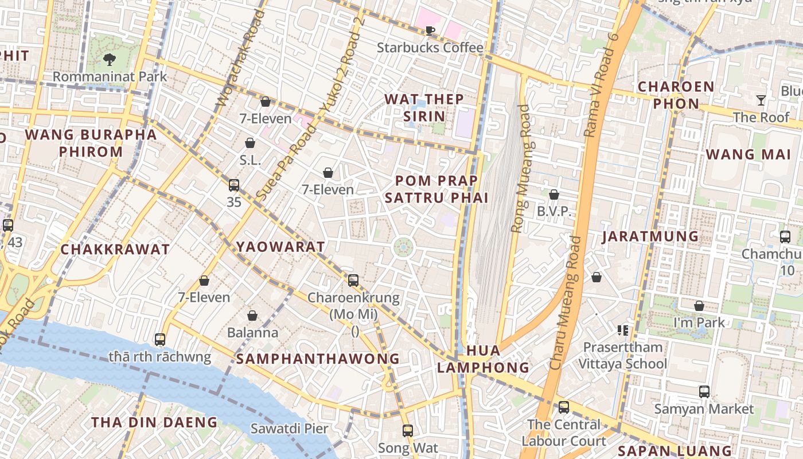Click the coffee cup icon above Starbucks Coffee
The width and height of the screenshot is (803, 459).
(430, 30)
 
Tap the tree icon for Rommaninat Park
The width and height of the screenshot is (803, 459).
(109, 59)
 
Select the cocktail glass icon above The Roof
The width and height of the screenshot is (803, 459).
(761, 100)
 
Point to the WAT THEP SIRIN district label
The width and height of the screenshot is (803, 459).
(424, 107)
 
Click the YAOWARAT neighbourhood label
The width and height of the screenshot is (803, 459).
(280, 247)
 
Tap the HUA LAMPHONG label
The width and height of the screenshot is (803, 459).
(483, 359)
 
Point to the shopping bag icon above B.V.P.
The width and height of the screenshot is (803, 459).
(554, 195)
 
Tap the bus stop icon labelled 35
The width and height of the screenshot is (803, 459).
(234, 185)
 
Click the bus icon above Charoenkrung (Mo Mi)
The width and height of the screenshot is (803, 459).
(353, 281)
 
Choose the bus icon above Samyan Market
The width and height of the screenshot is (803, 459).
(704, 392)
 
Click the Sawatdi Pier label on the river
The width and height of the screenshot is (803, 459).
(289, 428)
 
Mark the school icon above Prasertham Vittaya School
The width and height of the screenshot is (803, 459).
(622, 330)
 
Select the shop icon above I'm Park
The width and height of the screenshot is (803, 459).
(699, 306)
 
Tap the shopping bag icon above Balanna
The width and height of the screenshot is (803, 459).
(252, 316)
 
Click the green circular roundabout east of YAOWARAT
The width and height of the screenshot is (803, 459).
(403, 247)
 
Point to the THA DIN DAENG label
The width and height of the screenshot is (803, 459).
(154, 422)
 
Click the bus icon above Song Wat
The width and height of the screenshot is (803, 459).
(407, 430)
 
